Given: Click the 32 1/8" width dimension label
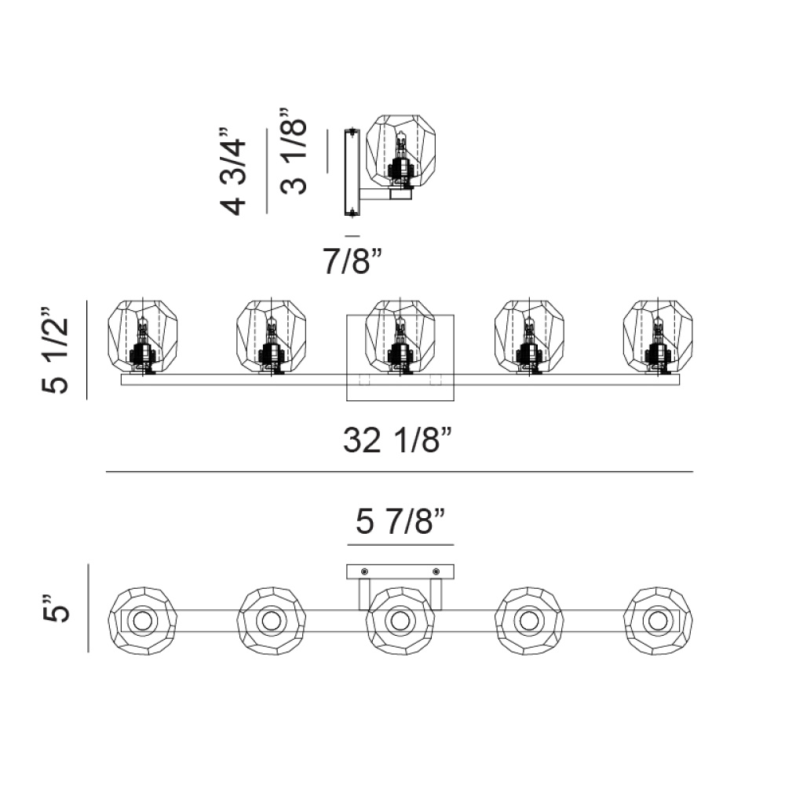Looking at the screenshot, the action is [398, 440].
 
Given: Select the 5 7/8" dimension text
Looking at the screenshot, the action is [400, 521].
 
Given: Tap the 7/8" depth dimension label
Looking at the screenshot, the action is [352, 261].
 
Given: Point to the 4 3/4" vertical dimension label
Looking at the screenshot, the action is [233, 170].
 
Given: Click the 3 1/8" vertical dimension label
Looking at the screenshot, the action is [294, 150].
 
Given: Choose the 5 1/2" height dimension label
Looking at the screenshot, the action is [55, 350].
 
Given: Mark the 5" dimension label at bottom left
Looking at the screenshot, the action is [55, 608].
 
